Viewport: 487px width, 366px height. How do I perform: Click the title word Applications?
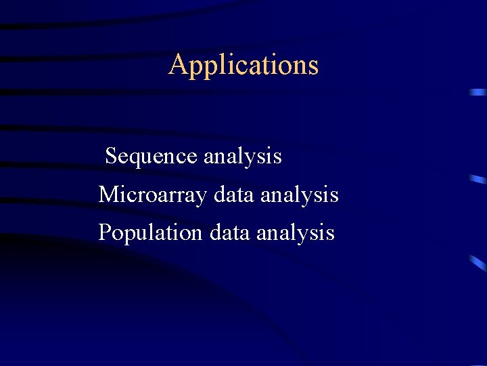click(x=243, y=65)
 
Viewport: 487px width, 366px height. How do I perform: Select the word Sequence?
click(x=152, y=157)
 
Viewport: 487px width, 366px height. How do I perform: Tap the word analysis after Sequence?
click(x=242, y=157)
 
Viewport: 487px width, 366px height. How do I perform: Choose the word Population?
click(x=150, y=233)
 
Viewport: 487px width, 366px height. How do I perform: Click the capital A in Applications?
click(x=177, y=65)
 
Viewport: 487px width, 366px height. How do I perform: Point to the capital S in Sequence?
click(x=112, y=157)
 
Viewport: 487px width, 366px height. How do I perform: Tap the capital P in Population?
click(x=105, y=233)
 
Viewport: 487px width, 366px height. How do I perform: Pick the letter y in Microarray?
click(x=202, y=197)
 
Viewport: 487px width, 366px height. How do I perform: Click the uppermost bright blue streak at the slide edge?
click(x=478, y=91)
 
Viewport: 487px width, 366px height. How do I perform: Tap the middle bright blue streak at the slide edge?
click(x=478, y=179)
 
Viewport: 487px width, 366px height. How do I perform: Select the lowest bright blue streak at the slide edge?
click(x=478, y=262)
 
